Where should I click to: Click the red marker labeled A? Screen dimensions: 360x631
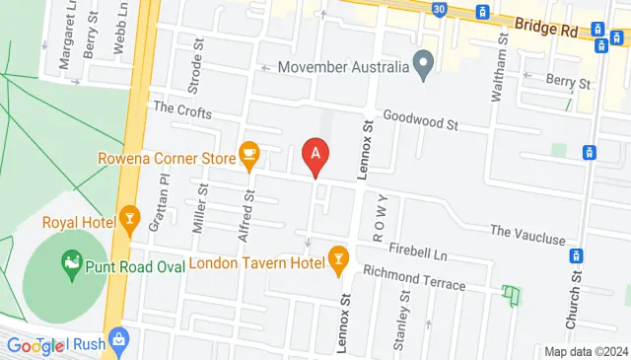pos(315,155)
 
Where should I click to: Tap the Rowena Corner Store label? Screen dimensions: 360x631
pos(165,157)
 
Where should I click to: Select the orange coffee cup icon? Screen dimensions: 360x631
pos(248,154)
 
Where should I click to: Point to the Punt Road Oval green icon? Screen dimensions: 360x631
pos(71,261)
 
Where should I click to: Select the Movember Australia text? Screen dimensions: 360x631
pos(343,68)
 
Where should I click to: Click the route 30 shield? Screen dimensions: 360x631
pos(438,9)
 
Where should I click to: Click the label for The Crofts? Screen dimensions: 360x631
pos(182,111)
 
